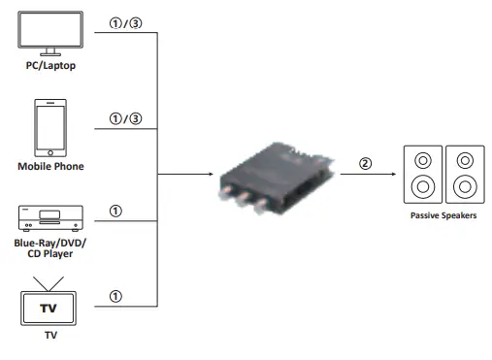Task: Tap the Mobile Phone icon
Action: tap(50, 127)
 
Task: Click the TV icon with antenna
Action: tap(49, 303)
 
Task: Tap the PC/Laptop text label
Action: tap(49, 66)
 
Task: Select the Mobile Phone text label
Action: tap(50, 166)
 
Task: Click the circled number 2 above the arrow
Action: tap(365, 162)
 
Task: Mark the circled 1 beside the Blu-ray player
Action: tap(116, 211)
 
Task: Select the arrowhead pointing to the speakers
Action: tap(393, 175)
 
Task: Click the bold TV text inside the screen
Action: tap(49, 308)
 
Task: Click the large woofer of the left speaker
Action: tap(422, 185)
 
